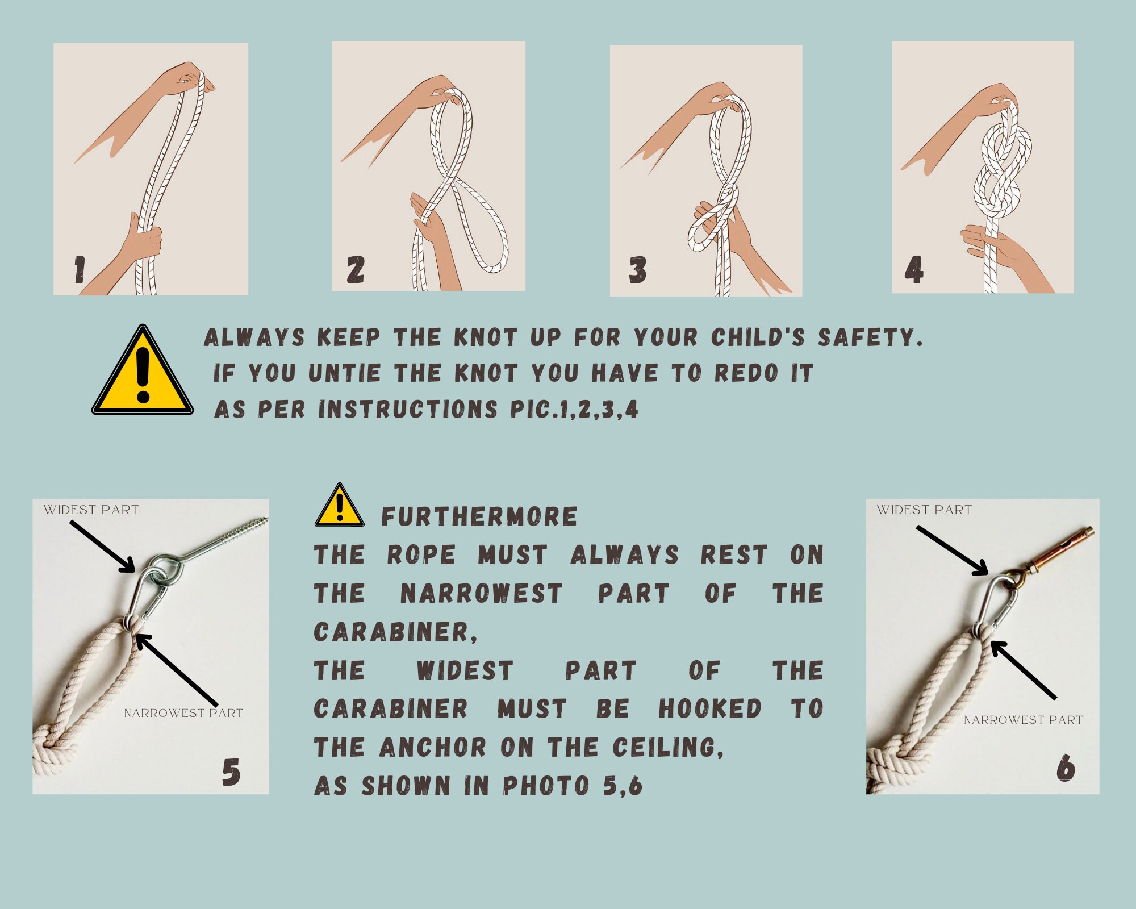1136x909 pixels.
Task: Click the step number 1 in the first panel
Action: [x=80, y=270]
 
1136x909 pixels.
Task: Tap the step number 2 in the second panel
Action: [x=356, y=269]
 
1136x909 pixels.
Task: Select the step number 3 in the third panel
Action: [x=637, y=270]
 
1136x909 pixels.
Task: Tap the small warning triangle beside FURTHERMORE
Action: [x=340, y=505]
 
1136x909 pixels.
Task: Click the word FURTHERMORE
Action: [x=479, y=517]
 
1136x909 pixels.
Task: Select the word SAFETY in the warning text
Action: [x=870, y=337]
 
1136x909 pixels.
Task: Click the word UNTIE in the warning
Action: [x=344, y=373]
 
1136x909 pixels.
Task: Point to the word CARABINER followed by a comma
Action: [x=395, y=632]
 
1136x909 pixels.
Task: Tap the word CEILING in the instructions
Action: [x=668, y=748]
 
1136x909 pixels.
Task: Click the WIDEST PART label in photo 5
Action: [x=91, y=510]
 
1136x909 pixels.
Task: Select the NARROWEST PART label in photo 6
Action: [x=1023, y=720]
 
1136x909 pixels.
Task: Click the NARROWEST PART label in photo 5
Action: [x=183, y=713]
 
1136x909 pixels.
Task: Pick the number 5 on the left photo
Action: [x=231, y=773]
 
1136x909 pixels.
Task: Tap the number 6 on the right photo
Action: [x=1066, y=768]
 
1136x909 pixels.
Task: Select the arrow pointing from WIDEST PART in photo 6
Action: [x=952, y=551]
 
